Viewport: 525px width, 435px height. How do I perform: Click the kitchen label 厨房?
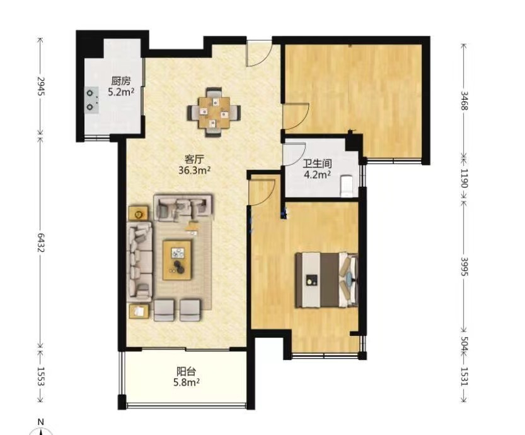point(120,81)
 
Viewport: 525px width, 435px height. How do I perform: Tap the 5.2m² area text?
point(121,92)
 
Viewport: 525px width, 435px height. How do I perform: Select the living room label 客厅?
point(194,158)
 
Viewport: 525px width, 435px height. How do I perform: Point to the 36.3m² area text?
point(194,170)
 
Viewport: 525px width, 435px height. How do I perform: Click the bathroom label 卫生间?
point(317,164)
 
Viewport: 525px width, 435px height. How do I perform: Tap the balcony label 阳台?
point(186,371)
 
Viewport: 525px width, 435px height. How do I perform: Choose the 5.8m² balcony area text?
point(187,383)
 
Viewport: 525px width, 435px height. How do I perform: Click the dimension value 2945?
point(40,86)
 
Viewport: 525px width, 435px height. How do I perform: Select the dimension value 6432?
point(40,243)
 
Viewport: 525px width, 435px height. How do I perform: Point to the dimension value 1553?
point(40,376)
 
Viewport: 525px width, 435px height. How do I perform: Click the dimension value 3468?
point(464,100)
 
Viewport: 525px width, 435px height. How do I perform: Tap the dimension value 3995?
point(464,266)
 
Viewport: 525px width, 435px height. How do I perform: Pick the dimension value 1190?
point(464,178)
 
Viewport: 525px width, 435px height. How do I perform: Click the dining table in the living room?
point(214,112)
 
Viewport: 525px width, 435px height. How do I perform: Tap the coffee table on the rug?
point(177,260)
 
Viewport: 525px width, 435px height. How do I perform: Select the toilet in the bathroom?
point(347,186)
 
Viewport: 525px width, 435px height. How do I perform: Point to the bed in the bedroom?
point(326,280)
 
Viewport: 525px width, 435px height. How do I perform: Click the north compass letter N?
point(41,422)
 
